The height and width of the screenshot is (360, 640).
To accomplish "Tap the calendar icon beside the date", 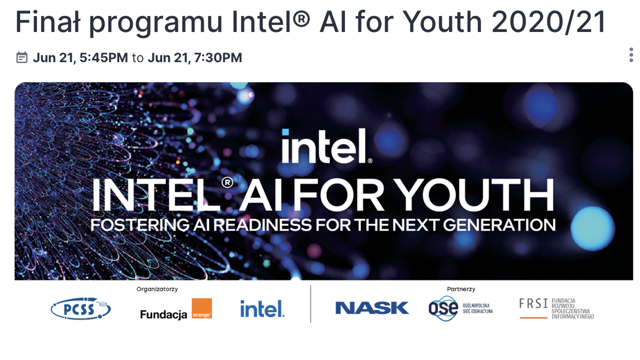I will click(x=21, y=57).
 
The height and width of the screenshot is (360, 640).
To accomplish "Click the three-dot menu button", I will click(x=631, y=55).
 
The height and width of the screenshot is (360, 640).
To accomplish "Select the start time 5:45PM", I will click(x=103, y=58).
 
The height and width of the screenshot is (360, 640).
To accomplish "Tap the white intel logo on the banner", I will click(x=325, y=146).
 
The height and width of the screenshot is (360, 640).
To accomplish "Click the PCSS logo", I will click(x=80, y=309).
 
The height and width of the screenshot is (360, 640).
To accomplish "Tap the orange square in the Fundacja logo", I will click(x=202, y=308).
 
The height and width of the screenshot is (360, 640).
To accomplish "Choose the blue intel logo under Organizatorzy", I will click(x=262, y=308).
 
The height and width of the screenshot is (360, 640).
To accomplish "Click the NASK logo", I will click(x=371, y=308).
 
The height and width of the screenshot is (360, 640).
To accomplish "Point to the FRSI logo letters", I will click(x=533, y=303).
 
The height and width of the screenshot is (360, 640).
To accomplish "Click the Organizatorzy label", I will click(x=157, y=289).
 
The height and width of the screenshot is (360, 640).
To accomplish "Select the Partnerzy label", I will click(x=461, y=289).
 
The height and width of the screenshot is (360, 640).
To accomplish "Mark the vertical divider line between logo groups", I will click(x=310, y=304).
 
